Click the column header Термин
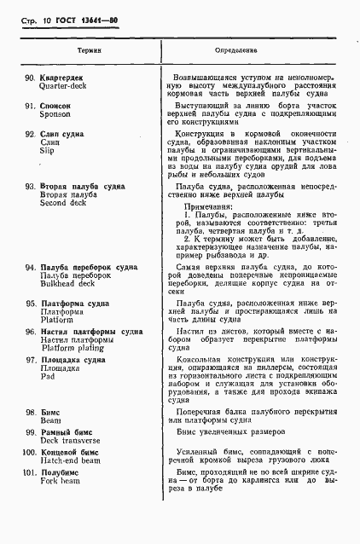point(90,51)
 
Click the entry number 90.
point(30,76)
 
